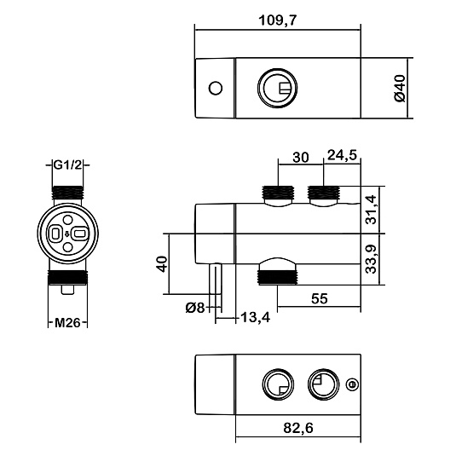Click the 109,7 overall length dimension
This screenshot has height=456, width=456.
click(x=277, y=20)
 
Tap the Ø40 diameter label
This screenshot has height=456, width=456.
click(x=400, y=88)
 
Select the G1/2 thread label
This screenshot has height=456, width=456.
click(x=67, y=165)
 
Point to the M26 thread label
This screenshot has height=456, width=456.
click(x=67, y=323)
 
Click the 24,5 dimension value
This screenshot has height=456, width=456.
click(x=342, y=155)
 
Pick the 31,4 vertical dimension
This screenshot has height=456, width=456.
click(x=371, y=210)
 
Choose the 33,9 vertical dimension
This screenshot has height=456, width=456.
click(x=371, y=259)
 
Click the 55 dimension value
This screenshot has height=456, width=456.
click(x=320, y=298)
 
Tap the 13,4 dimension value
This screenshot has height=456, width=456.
click(x=256, y=318)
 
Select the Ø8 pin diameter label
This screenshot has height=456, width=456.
click(x=195, y=308)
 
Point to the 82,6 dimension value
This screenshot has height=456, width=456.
click(x=298, y=428)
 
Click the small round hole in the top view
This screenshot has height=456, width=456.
click(x=216, y=88)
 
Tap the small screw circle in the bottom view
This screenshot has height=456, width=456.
click(x=352, y=384)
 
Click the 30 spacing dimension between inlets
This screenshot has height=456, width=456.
click(x=300, y=158)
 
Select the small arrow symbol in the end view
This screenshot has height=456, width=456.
click(x=67, y=234)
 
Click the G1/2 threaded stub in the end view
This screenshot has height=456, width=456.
click(x=67, y=193)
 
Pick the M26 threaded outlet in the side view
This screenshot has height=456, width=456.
click(x=279, y=278)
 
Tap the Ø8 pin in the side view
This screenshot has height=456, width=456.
click(x=216, y=279)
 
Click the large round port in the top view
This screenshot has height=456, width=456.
click(x=278, y=88)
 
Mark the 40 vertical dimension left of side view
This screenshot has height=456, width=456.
click(x=163, y=263)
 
